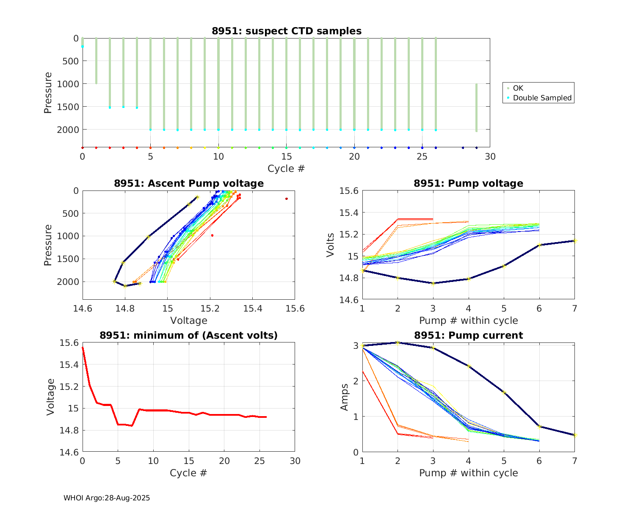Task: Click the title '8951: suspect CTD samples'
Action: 287,31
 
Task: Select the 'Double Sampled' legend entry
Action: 542,98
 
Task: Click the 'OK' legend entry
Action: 518,88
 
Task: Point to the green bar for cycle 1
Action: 96,61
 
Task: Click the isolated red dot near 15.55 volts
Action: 287,199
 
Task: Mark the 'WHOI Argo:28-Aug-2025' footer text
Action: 107,498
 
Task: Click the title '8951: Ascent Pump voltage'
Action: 189,183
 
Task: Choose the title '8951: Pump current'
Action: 468,335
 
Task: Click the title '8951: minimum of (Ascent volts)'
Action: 189,335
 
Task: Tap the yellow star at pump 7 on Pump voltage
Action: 574,241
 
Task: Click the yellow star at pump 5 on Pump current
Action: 504,392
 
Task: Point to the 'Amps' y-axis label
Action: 345,397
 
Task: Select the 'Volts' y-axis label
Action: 330,245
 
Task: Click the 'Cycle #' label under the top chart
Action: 286,168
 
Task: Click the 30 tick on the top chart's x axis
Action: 490,157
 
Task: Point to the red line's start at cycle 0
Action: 83,348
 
